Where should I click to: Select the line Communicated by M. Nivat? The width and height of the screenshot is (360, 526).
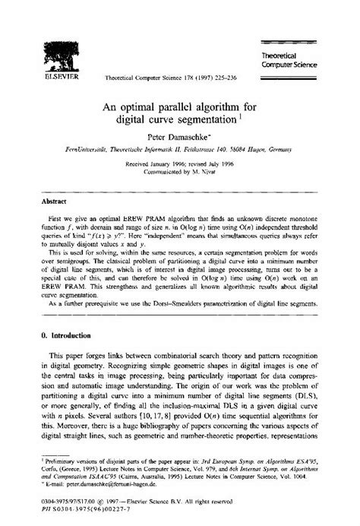coord(181,171)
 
